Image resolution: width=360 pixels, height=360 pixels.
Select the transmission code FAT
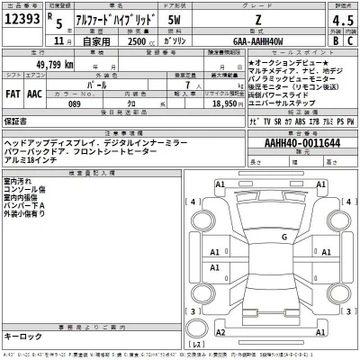(13, 92)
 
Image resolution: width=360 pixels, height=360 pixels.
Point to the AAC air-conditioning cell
(35, 92)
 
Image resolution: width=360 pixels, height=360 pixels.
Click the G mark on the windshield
(283, 237)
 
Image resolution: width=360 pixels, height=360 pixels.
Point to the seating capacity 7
(186, 92)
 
